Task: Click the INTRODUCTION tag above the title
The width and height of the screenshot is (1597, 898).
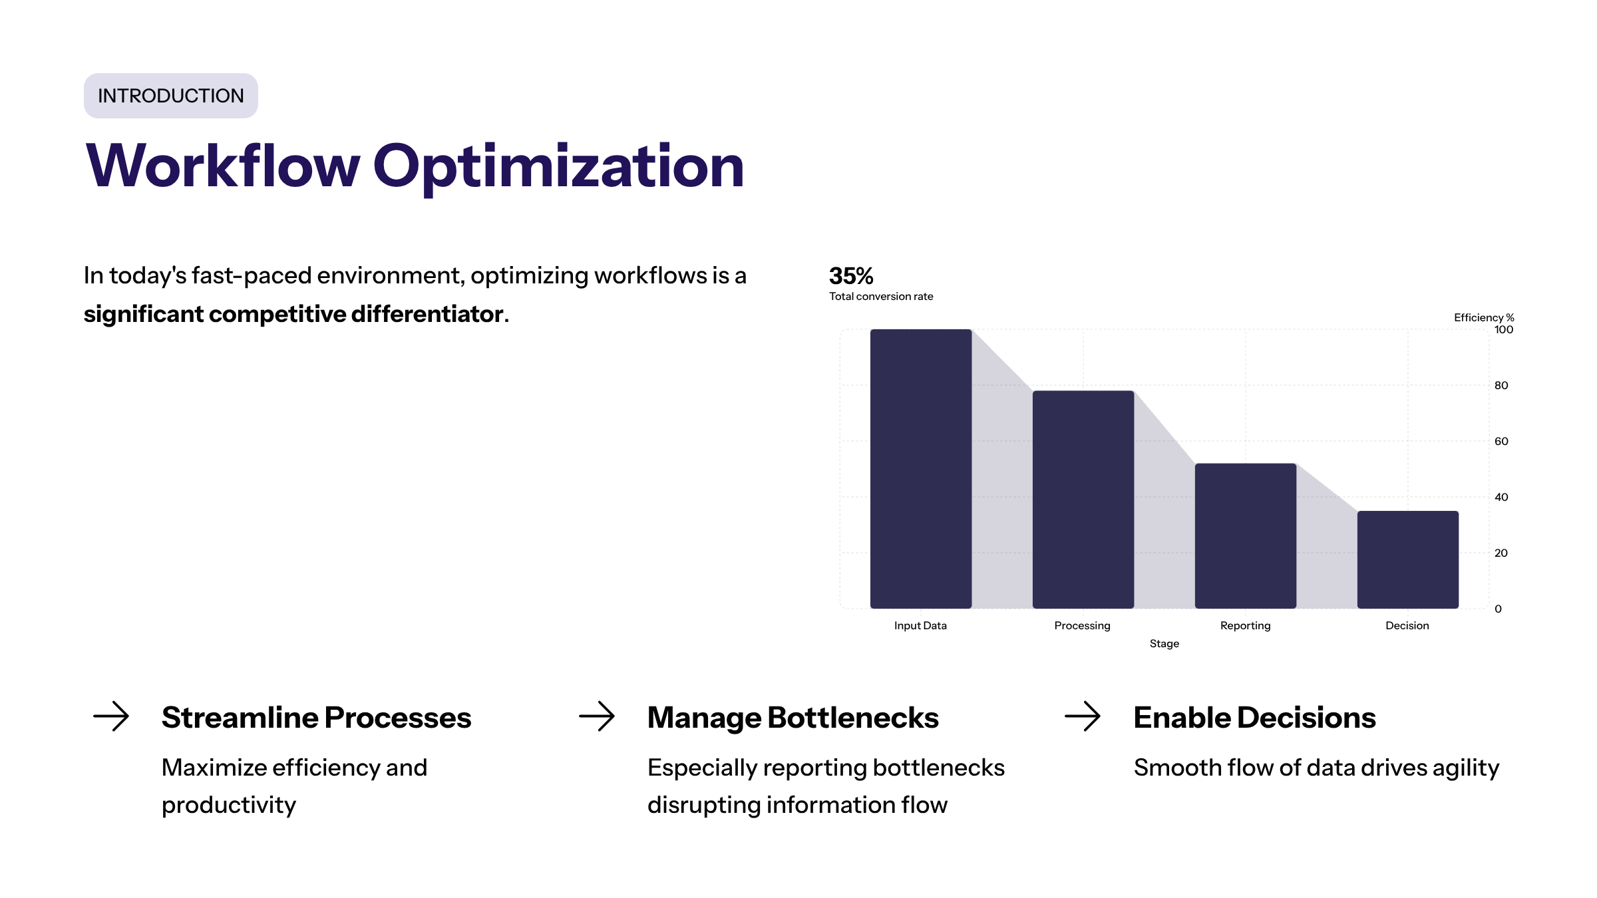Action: point(170,96)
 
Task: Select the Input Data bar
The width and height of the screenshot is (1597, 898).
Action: point(920,468)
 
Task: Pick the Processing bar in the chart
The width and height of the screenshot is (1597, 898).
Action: point(1083,499)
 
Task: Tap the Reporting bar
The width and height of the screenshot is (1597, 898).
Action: point(1245,535)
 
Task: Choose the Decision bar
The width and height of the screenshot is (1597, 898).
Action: point(1407,559)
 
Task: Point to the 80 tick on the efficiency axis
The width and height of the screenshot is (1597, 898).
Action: point(1501,386)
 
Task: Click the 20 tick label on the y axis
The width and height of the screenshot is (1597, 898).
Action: point(1501,553)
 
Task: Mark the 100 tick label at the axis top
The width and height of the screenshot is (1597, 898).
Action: point(1503,330)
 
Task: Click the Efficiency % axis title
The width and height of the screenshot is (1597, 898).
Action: point(1483,317)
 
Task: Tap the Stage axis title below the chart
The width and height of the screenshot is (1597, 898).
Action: point(1164,643)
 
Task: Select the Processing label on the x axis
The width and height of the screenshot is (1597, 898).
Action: point(1082,625)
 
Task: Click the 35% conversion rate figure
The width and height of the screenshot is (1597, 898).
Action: point(850,276)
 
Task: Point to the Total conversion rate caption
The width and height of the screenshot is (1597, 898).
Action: point(880,297)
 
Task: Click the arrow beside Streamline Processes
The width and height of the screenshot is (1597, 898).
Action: point(111,716)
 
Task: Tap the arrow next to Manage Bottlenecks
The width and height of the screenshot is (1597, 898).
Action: point(597,716)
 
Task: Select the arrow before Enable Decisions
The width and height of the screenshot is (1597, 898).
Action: point(1083,716)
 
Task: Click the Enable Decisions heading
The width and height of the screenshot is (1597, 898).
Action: point(1254,718)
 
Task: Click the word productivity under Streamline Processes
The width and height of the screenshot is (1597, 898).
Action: point(229,806)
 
